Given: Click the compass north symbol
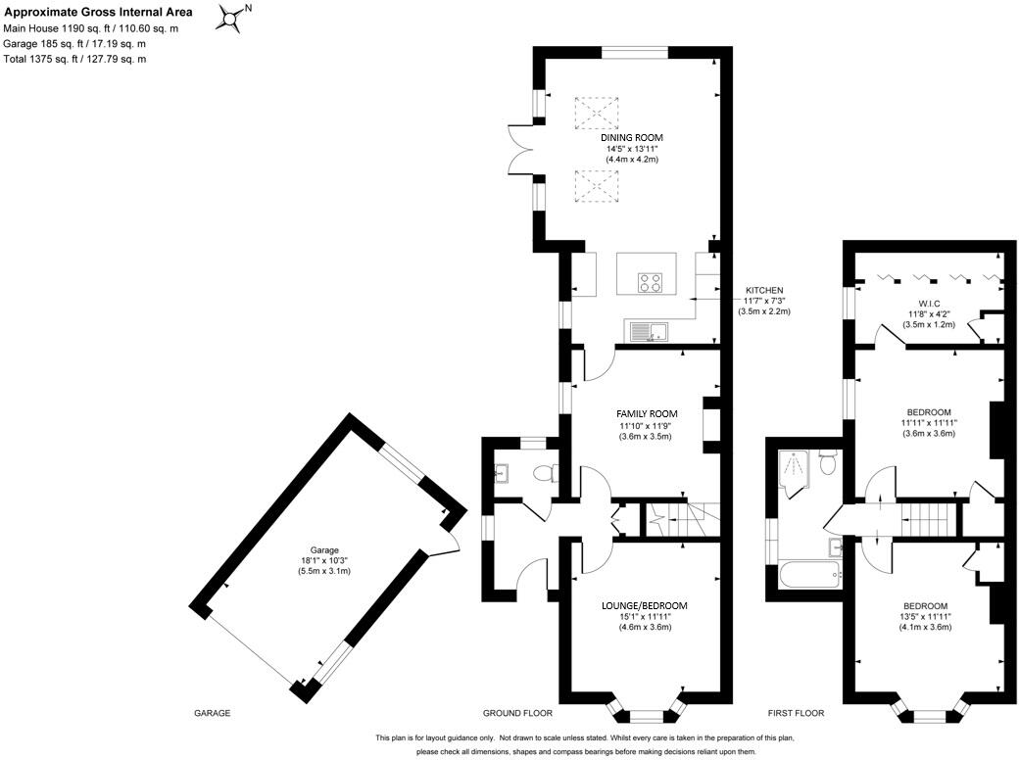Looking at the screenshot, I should click(232, 18).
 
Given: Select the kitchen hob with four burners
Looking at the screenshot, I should click(650, 282).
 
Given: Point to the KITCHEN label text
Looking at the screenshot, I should click(764, 291).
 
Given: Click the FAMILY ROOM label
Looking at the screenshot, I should click(647, 413).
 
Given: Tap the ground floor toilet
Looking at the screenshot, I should click(542, 474).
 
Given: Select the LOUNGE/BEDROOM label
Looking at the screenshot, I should click(644, 606).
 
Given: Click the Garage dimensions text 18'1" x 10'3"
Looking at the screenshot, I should click(324, 561).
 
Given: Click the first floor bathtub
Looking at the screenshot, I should click(807, 575).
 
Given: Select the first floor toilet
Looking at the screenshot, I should click(827, 461).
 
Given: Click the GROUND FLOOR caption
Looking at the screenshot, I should click(517, 713).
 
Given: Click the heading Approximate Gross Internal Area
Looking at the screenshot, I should click(99, 13).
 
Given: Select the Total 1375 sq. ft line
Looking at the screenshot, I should click(75, 60).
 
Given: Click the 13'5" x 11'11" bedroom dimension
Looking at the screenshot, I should click(925, 617).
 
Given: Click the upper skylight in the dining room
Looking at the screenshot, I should click(597, 113).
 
